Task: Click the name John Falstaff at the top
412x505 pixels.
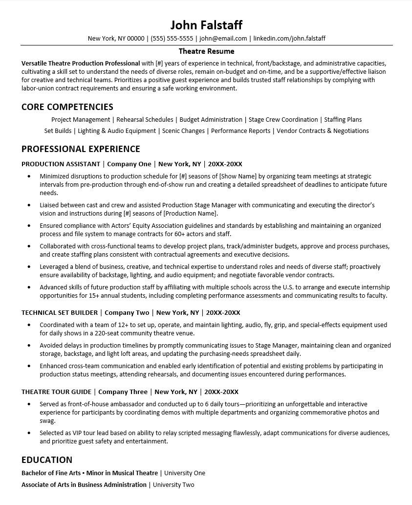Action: coord(206,25)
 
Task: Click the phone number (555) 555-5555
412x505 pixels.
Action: coord(172,38)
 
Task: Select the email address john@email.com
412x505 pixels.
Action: coord(223,38)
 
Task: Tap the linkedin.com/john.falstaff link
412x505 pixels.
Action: coord(289,38)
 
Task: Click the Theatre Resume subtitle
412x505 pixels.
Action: coord(206,51)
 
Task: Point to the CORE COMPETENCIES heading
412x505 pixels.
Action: coord(67,107)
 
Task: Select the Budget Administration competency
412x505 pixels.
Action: coord(211,119)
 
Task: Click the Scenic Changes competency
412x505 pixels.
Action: coord(183,131)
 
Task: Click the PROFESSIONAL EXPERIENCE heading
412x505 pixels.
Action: coord(81,149)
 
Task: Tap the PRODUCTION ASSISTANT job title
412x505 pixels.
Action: coord(61,164)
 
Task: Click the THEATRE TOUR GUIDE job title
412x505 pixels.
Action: coord(56,392)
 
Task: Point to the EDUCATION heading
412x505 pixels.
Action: coord(47,460)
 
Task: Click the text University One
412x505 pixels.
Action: coord(185,473)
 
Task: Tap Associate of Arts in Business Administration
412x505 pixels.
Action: coord(84,484)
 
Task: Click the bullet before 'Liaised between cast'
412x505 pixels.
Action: coord(29,205)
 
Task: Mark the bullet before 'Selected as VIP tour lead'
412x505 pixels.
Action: coord(29,433)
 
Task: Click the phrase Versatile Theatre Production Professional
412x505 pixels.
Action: coord(81,63)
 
